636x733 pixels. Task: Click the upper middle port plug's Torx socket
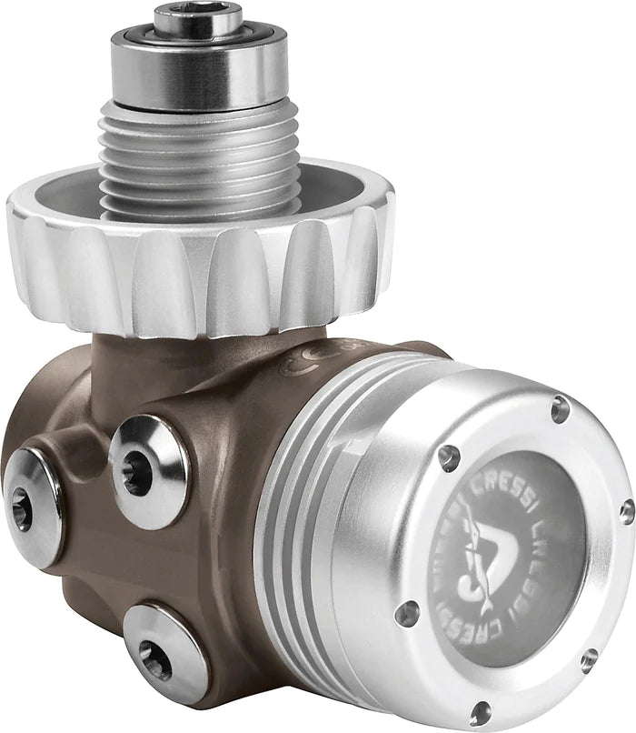[139, 472]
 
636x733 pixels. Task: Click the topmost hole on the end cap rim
[560, 409]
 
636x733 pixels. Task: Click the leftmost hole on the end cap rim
[406, 611]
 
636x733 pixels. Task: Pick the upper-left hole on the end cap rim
[448, 457]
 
